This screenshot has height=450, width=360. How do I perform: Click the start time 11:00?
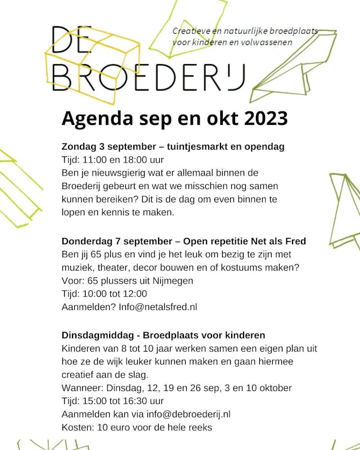tap(95, 160)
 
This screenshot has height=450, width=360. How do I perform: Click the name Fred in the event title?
tap(296, 241)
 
